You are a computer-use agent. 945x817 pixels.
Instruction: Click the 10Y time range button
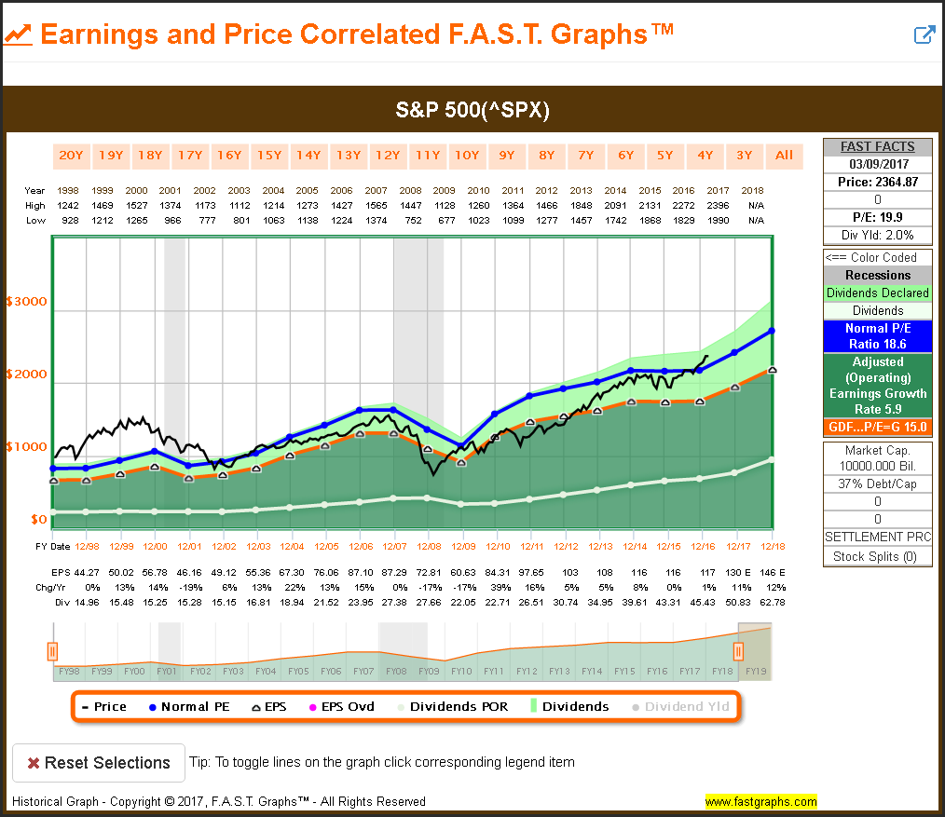466,155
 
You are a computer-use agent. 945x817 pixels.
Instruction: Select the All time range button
784,155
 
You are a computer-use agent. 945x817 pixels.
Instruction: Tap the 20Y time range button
71,155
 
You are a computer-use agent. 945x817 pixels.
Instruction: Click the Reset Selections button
99,762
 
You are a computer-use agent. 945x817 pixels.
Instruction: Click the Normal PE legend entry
189,706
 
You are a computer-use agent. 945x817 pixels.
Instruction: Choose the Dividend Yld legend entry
680,706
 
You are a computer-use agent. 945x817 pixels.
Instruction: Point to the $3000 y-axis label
26,302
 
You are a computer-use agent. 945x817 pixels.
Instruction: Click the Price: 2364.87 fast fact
877,182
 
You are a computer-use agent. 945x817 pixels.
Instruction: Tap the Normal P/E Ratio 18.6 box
877,335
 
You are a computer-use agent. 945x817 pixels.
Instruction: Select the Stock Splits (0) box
877,557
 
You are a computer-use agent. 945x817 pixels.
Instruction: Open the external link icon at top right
924,35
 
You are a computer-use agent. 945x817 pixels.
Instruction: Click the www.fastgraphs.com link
760,801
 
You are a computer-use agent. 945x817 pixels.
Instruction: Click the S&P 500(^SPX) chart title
472,110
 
